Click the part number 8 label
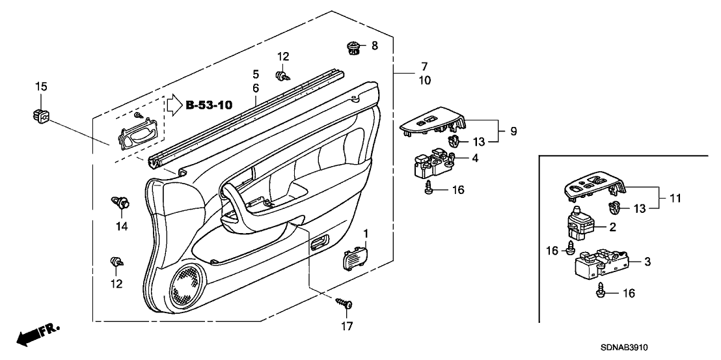[x=374, y=46]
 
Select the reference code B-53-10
[x=210, y=104]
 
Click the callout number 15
[x=41, y=87]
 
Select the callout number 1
[x=366, y=233]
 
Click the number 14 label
[x=122, y=227]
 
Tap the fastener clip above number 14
[x=119, y=202]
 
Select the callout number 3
[x=647, y=262]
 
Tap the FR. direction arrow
[x=38, y=333]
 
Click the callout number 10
[x=424, y=81]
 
